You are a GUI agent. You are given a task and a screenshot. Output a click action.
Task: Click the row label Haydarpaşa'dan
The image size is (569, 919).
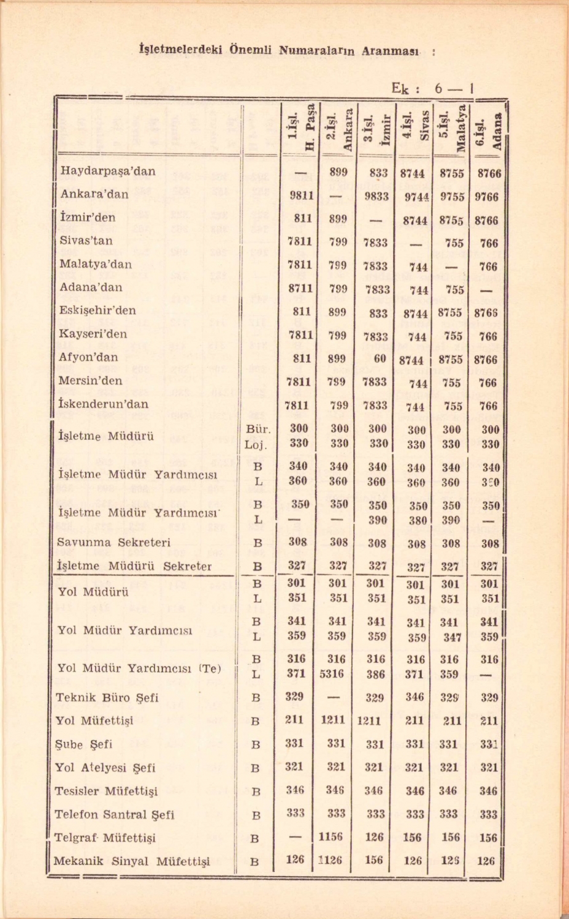pos(107,171)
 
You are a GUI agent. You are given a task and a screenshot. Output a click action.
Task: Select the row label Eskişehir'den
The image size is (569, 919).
pos(97,311)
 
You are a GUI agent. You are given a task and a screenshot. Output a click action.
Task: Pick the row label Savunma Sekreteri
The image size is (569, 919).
pos(113,542)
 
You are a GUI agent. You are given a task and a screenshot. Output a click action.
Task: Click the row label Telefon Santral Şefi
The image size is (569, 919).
pos(115,815)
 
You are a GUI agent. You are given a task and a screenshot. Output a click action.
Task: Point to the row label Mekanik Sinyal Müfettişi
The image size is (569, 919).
pos(131,861)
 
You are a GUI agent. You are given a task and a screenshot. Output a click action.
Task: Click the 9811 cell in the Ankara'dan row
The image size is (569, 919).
pos(301,196)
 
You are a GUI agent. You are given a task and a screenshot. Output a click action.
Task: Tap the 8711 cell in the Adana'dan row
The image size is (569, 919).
pos(301,289)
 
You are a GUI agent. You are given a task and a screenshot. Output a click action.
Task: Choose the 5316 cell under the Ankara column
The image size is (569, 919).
pos(336,675)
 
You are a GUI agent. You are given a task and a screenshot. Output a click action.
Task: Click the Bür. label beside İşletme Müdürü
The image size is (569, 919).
pos(258,429)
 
